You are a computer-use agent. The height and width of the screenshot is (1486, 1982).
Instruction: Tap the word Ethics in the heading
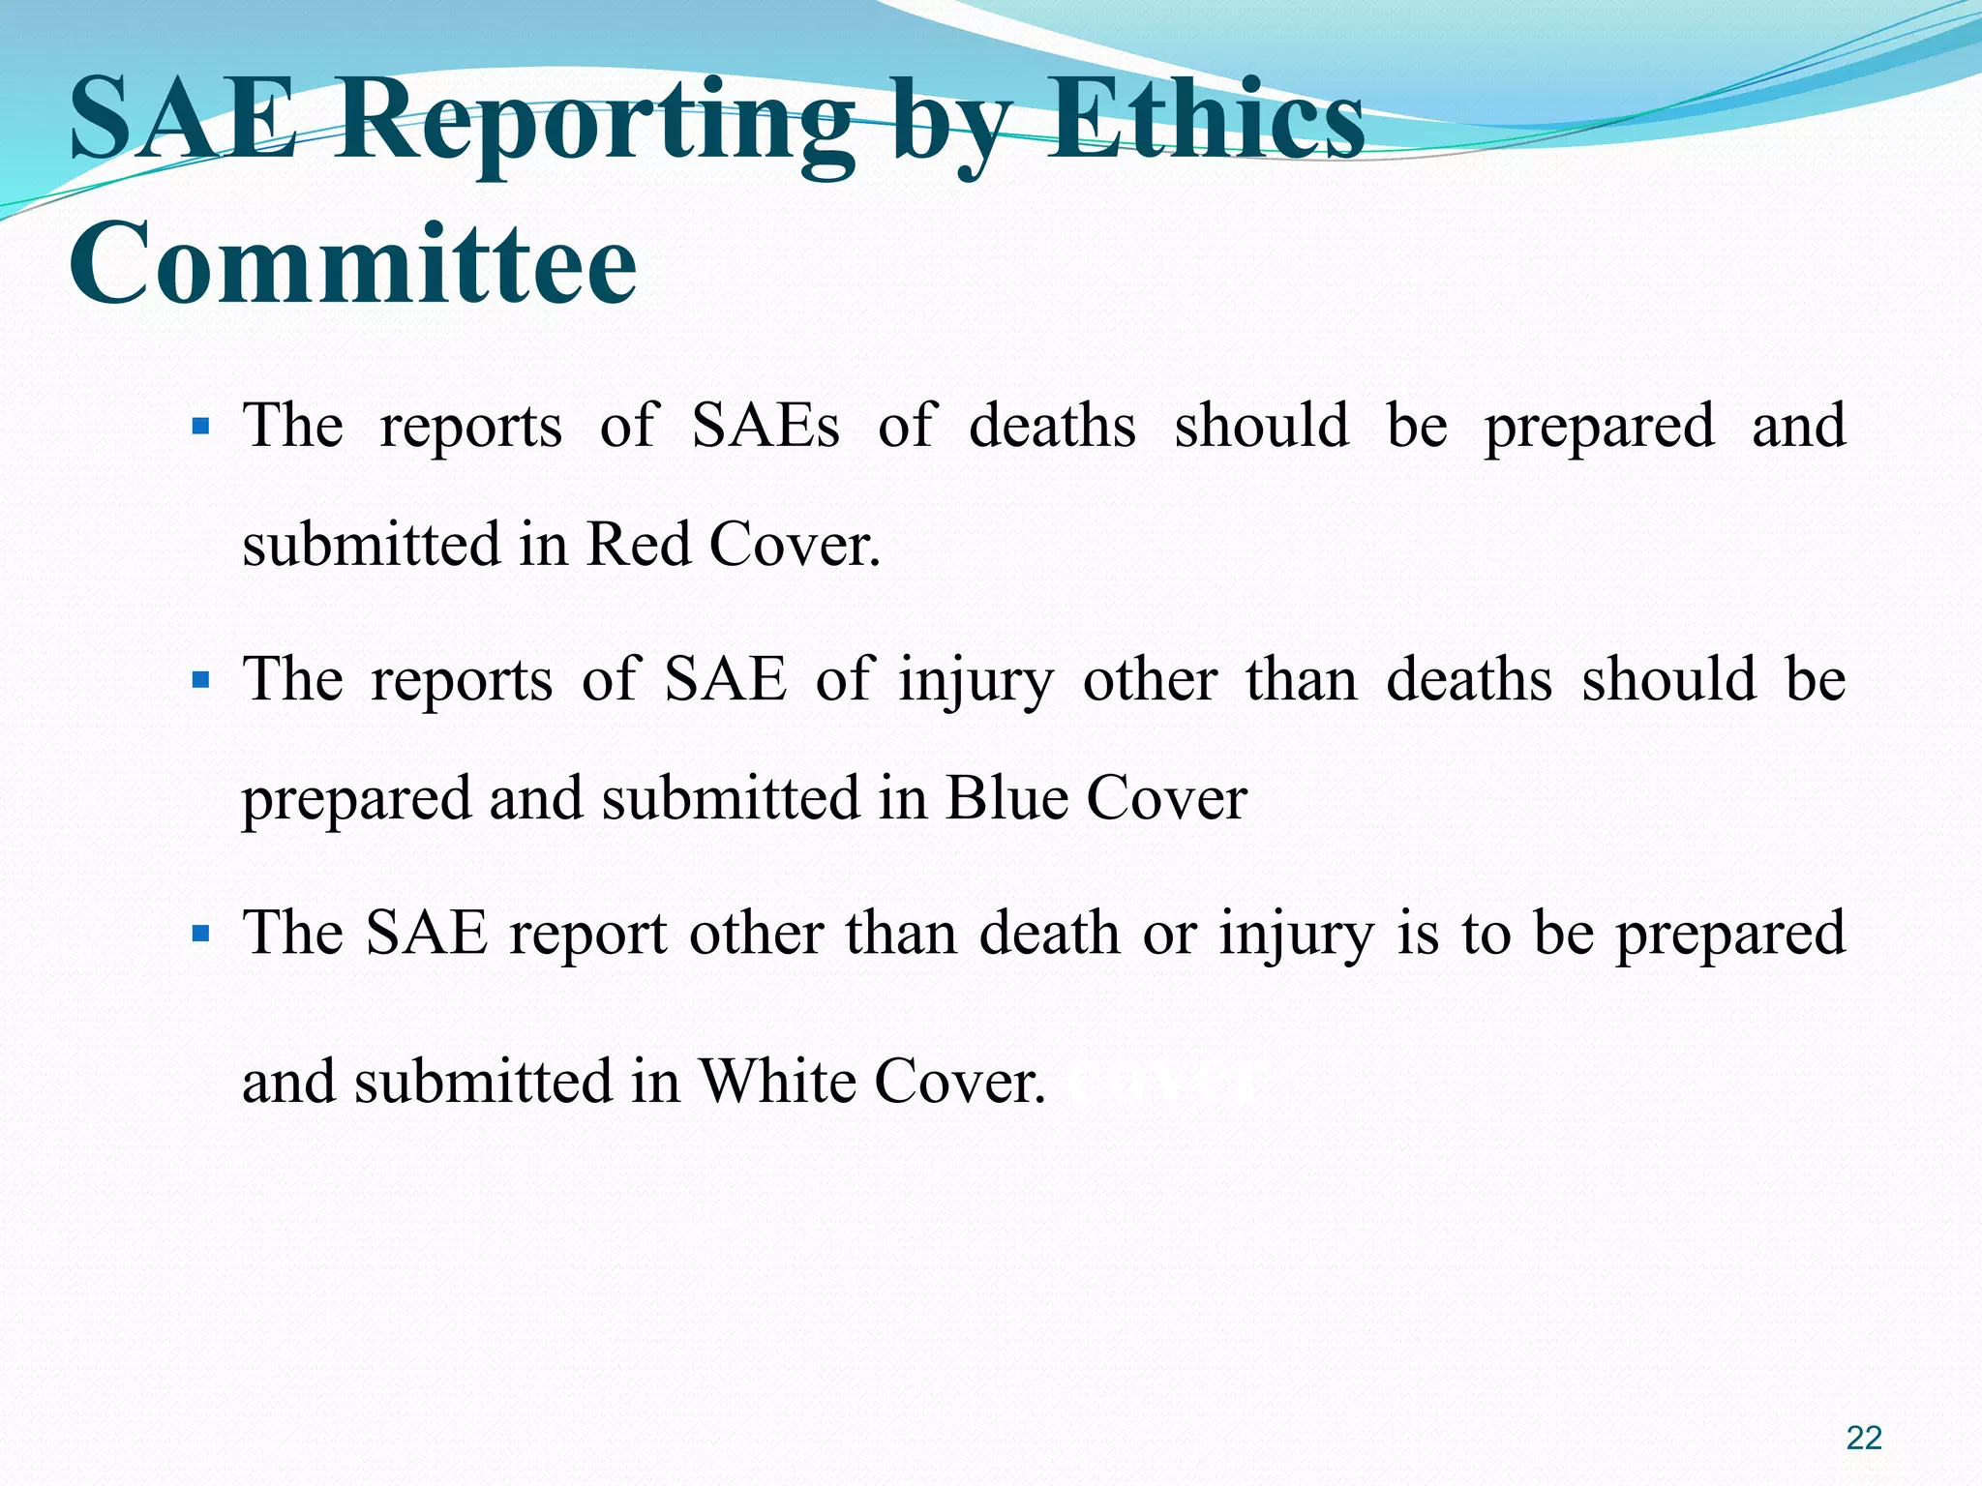coord(1206,123)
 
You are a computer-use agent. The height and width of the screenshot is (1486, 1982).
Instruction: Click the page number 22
coord(1864,1438)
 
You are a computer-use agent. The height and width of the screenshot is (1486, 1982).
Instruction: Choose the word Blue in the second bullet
coord(1006,799)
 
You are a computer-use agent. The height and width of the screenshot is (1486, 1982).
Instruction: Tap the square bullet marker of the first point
coord(201,427)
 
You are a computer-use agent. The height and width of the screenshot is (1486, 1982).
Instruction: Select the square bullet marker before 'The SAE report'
coord(201,935)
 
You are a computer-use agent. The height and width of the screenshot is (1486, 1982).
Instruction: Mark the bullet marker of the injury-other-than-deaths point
coord(201,681)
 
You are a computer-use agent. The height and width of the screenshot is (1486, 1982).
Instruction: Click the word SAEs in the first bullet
coord(766,426)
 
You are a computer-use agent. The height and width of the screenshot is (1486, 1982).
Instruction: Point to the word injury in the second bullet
coord(976,681)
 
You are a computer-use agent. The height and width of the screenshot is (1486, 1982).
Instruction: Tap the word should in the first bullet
coord(1261,426)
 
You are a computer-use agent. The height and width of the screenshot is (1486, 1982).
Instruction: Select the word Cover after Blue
coord(1166,799)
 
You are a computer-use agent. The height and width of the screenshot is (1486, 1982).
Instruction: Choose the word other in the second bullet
coord(1150,679)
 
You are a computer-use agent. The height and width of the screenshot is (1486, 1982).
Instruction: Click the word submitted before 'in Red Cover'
coord(371,544)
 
